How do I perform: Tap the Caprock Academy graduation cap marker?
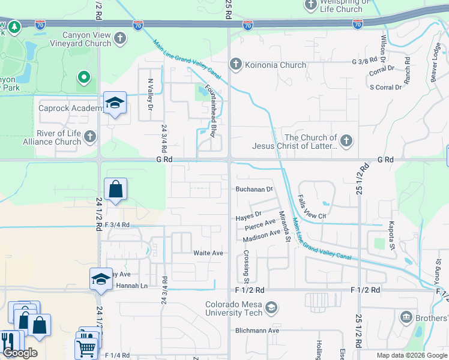(114, 103)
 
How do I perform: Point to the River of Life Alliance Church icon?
(90, 137)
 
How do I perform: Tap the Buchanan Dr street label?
(254, 189)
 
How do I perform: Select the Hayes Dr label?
(249, 214)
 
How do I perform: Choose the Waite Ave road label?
(208, 253)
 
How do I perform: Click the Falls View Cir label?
(312, 208)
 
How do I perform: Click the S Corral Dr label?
(385, 88)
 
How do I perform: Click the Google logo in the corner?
(20, 353)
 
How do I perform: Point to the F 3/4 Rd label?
(117, 225)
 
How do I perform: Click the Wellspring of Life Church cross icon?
(311, 5)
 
